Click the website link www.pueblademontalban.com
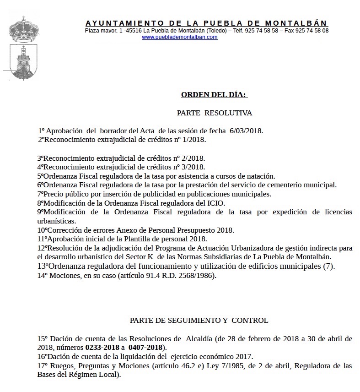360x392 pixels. pos(180,37)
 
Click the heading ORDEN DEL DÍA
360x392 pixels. pos(214,95)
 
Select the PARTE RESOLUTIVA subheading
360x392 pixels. pos(214,113)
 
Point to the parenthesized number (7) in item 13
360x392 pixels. pos(328,266)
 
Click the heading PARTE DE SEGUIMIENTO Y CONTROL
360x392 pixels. pos(199,320)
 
